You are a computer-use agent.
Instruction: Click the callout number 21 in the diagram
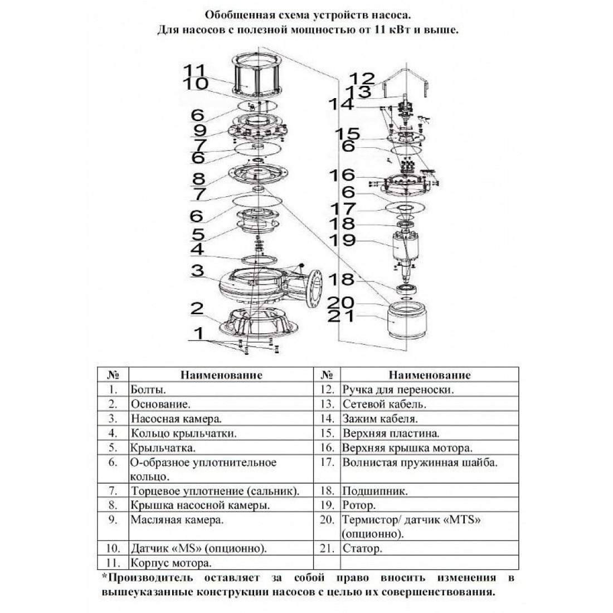(x=340, y=316)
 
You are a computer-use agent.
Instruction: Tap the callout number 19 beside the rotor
(x=342, y=240)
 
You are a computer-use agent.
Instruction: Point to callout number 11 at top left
(x=194, y=71)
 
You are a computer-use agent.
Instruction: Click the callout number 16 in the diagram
(x=342, y=175)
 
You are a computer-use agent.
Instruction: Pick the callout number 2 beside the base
(x=197, y=309)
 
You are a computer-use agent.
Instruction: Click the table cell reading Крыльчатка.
(x=163, y=447)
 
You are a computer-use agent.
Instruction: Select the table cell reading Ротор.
(x=359, y=505)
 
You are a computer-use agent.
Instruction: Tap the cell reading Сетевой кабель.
(x=385, y=404)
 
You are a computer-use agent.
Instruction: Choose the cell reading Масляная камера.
(x=177, y=520)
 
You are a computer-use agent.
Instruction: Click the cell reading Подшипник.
(x=375, y=491)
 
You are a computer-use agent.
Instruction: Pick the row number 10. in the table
(x=113, y=548)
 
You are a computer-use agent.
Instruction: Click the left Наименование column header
(x=221, y=375)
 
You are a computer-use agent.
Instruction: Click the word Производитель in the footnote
(x=150, y=577)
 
